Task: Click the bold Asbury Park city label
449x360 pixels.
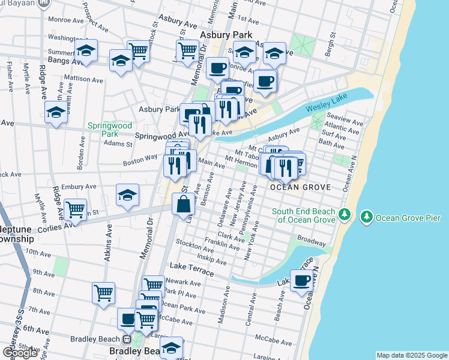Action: tap(225, 35)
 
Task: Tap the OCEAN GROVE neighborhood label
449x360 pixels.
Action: tap(300, 187)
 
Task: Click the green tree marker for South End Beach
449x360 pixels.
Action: tap(345, 214)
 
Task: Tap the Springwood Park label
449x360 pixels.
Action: tap(109, 130)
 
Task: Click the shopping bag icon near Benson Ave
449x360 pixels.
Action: tap(184, 205)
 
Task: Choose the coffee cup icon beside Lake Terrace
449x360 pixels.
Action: tap(301, 280)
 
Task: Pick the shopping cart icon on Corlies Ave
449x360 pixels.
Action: tap(76, 210)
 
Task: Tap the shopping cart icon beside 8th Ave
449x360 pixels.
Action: tap(103, 293)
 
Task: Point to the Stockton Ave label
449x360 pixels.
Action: tap(191, 244)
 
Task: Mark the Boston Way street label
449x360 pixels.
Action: tap(140, 160)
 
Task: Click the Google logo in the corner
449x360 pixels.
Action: tap(20, 353)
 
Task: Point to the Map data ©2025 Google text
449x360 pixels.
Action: tap(412, 355)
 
